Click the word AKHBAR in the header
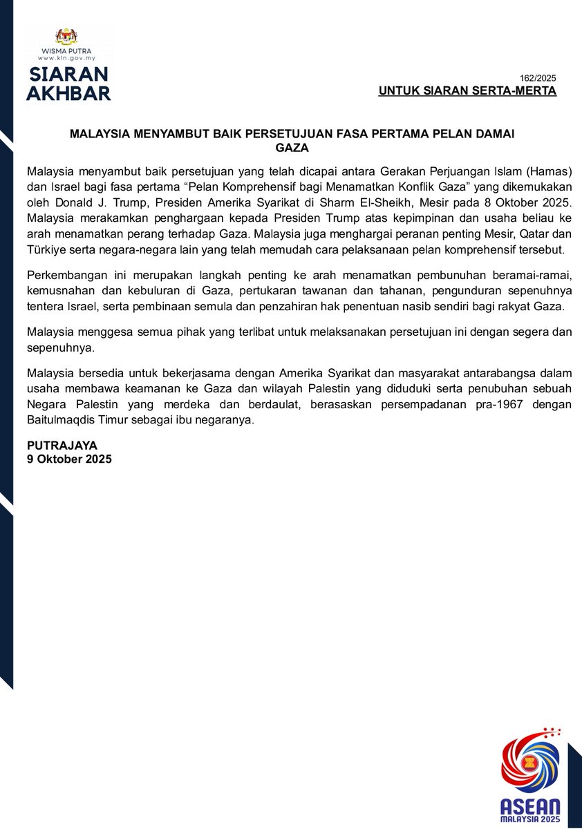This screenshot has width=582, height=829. [x=68, y=93]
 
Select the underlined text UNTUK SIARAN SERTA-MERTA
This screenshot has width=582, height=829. [x=467, y=91]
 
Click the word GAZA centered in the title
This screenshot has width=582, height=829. [x=292, y=148]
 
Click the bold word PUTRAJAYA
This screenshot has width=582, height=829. [x=62, y=446]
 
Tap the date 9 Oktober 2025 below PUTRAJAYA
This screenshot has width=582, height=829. [x=69, y=459]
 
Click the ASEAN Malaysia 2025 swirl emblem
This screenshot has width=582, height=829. [x=530, y=767]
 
